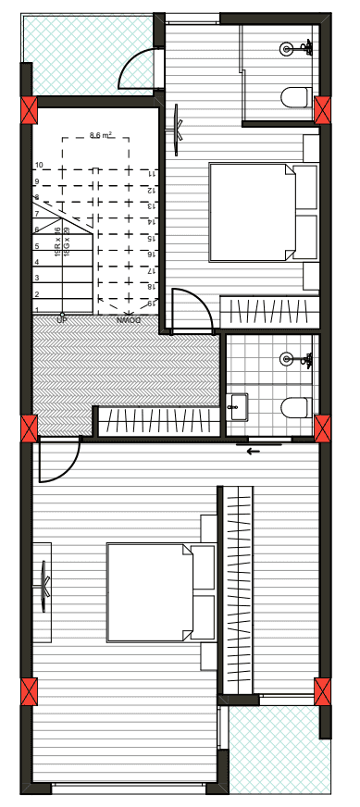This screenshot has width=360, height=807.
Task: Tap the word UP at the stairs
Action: (63, 319)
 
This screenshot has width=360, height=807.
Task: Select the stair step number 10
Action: (39, 166)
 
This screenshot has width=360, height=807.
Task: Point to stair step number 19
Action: (150, 303)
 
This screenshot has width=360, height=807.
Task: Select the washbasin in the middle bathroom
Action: (238, 405)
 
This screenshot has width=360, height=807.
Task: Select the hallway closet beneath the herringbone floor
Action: (157, 421)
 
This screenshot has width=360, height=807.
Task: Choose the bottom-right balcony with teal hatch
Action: (279, 750)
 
